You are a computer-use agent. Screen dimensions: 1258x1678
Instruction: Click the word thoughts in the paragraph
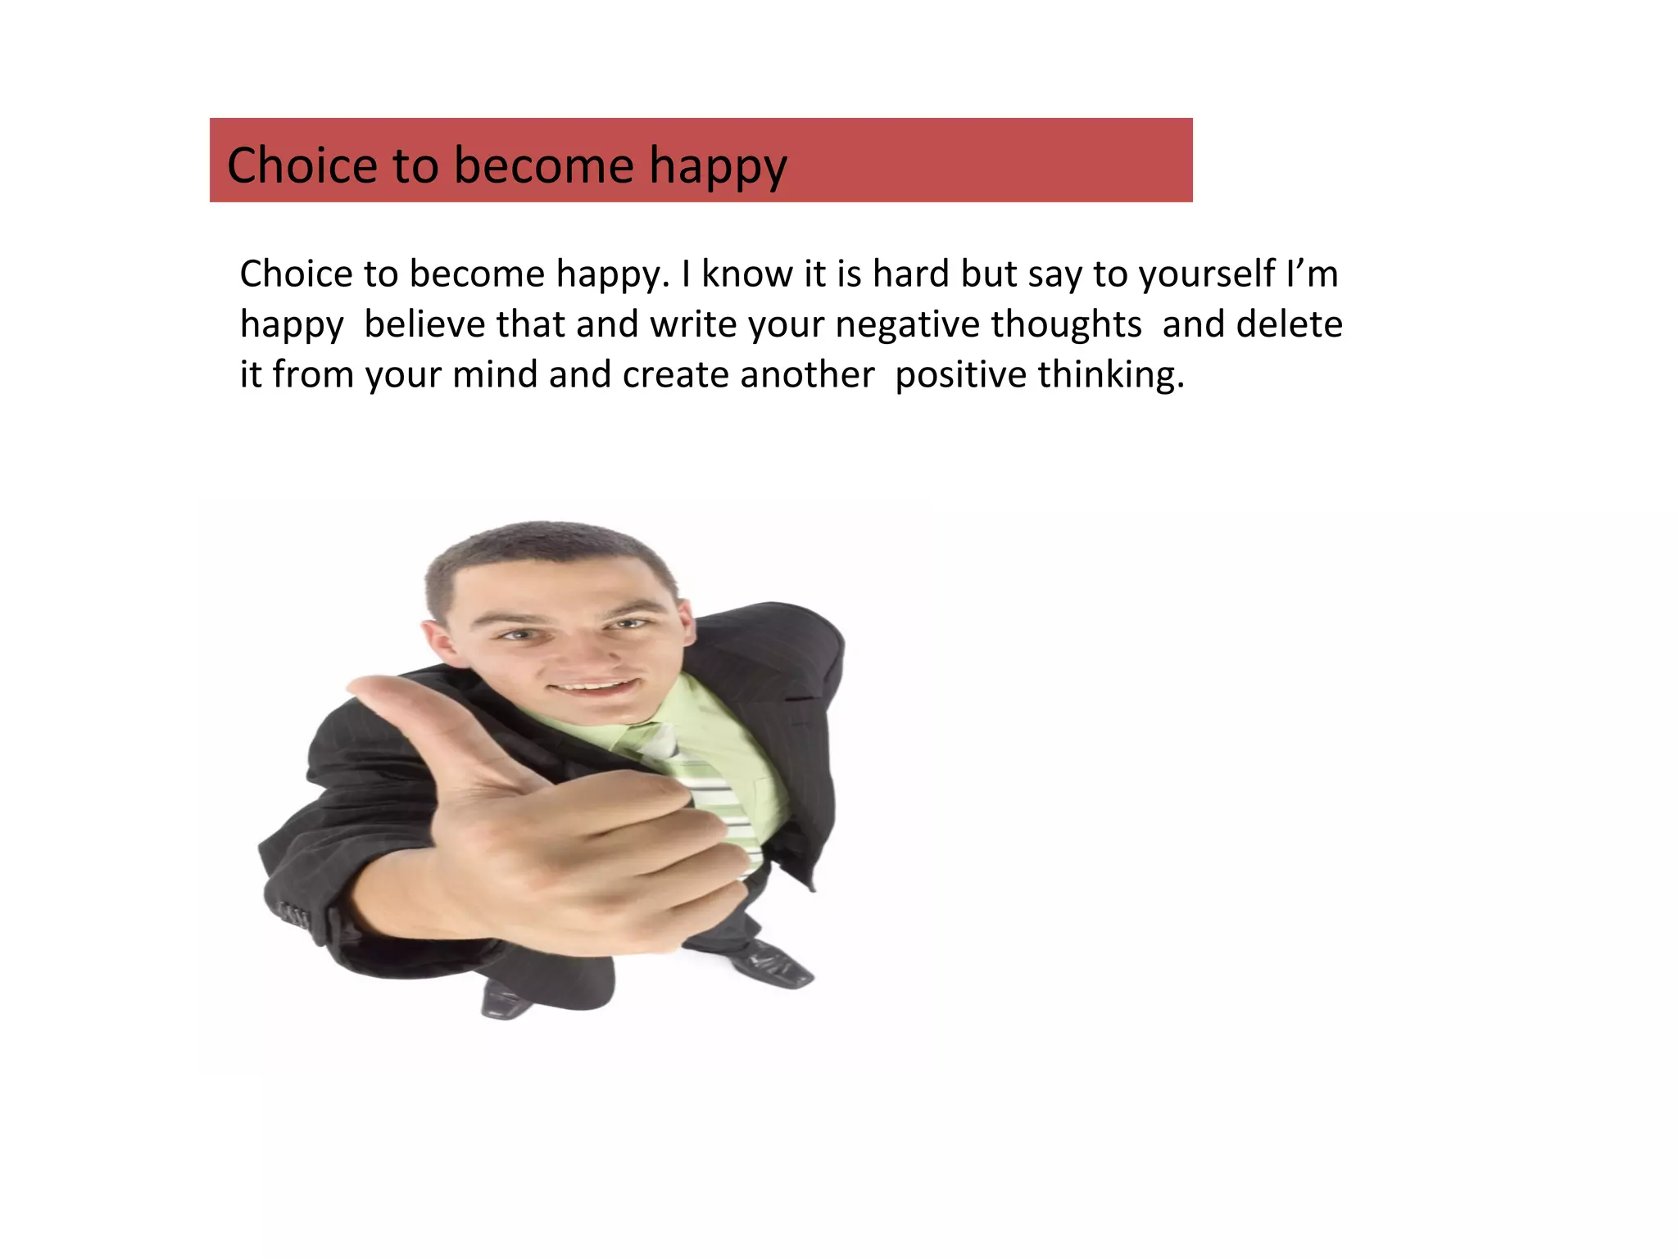coord(1066,324)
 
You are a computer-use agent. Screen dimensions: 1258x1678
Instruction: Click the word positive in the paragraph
coord(960,374)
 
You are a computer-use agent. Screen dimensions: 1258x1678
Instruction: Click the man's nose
coord(582,647)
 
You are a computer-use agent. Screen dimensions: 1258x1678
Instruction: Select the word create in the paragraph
coord(675,374)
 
